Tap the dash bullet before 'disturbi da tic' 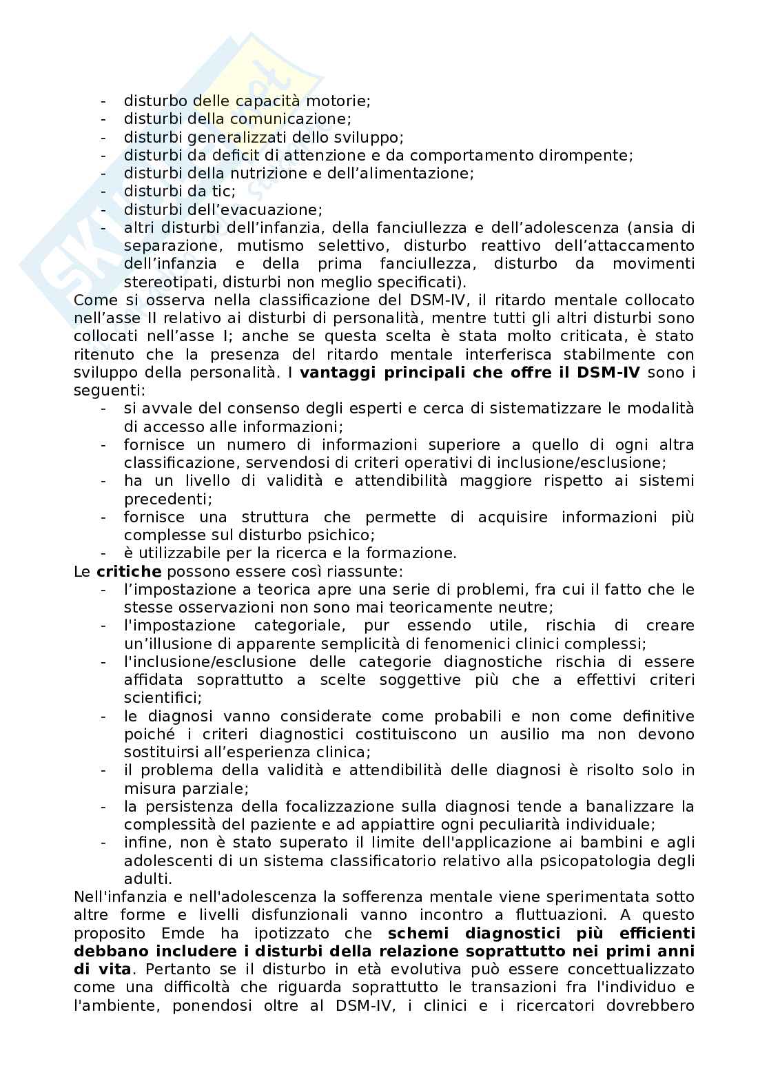103,192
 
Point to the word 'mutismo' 268,246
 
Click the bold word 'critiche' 129,572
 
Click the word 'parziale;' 155,788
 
